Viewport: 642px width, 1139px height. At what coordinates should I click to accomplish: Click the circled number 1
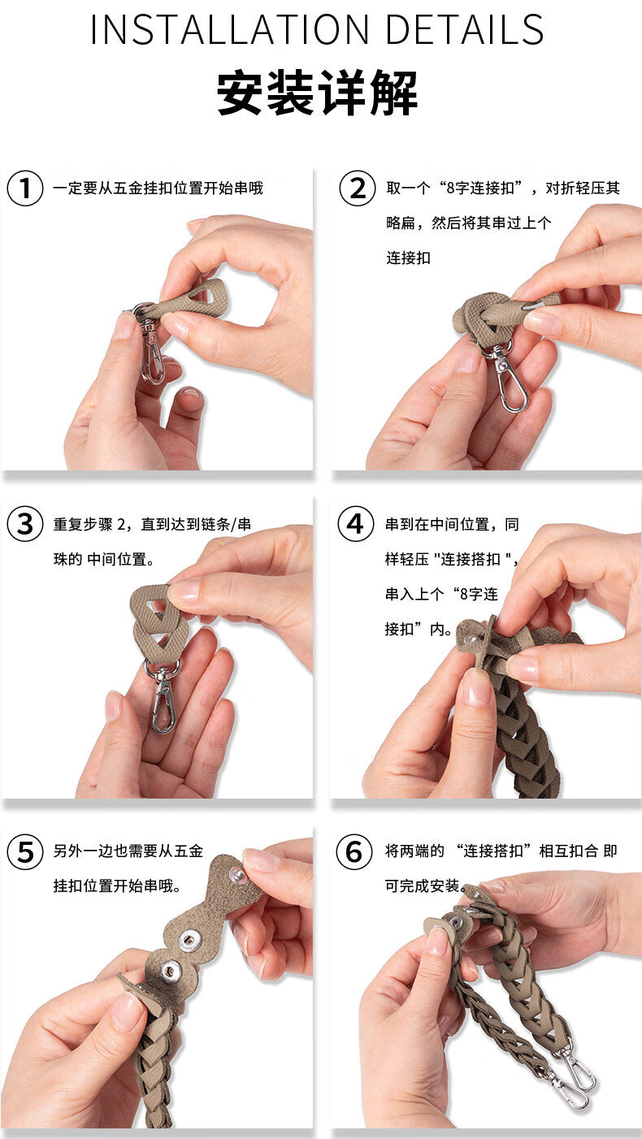[x=25, y=188]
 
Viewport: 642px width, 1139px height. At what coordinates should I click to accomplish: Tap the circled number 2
[x=358, y=188]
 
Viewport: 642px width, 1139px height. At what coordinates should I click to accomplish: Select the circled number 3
[x=25, y=524]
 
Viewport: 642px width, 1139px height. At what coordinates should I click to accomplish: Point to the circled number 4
[x=356, y=524]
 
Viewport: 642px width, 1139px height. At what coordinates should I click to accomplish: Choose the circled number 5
[x=25, y=852]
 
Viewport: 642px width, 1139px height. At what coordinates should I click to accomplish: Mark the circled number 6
[x=354, y=852]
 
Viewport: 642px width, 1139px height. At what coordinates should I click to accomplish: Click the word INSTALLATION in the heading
[x=230, y=29]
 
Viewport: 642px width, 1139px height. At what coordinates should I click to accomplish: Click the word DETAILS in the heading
[x=465, y=29]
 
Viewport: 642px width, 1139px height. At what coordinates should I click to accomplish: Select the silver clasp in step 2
[x=507, y=377]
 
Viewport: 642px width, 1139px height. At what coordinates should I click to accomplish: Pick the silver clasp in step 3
[x=163, y=695]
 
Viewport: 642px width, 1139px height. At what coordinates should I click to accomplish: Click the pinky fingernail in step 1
[x=191, y=395]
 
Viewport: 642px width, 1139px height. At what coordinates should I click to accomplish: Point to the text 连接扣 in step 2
[x=408, y=258]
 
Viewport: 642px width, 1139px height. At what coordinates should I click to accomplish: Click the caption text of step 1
[x=158, y=188]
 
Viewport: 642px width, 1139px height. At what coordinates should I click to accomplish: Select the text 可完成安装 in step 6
[x=423, y=886]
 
